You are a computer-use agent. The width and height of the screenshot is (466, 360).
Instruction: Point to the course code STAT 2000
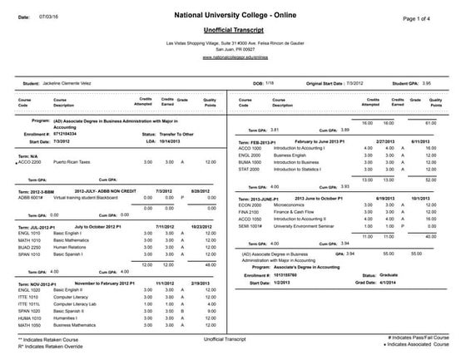tap(250, 169)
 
